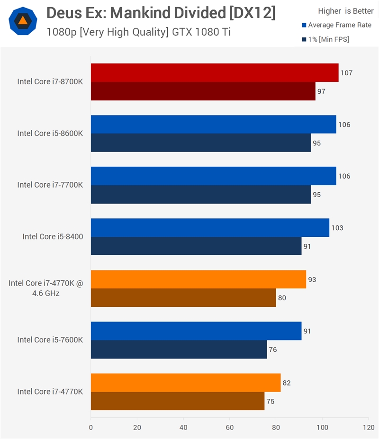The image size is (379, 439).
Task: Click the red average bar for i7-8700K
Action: click(x=215, y=73)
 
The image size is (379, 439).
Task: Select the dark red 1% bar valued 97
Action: click(x=203, y=91)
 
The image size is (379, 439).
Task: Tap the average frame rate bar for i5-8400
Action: click(x=210, y=228)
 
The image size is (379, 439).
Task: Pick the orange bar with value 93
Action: click(x=199, y=279)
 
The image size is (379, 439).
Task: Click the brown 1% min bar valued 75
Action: click(x=178, y=401)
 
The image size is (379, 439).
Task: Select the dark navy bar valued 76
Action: click(x=179, y=349)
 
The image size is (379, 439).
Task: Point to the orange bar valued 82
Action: click(x=186, y=383)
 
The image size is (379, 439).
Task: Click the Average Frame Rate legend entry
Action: click(x=337, y=25)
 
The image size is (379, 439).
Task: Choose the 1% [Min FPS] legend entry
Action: click(x=325, y=39)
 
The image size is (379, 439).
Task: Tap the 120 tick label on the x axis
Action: click(x=369, y=427)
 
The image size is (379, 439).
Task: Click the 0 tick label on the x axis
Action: click(x=91, y=427)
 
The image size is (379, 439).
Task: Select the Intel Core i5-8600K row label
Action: click(x=50, y=133)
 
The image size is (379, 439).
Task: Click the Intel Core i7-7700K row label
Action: click(x=50, y=185)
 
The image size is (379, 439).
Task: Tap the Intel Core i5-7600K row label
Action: click(x=50, y=340)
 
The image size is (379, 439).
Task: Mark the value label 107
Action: click(x=346, y=73)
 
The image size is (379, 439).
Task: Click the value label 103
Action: click(x=337, y=228)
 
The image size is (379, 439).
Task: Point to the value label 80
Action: click(x=282, y=298)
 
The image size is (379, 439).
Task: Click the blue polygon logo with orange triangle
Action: click(x=23, y=21)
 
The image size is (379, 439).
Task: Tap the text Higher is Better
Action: click(x=346, y=11)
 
